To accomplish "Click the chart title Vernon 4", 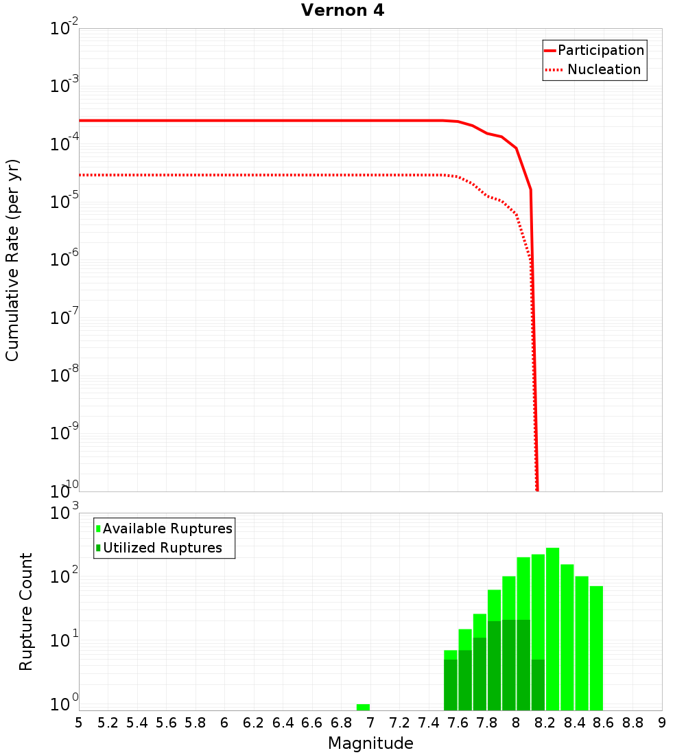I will [x=342, y=10].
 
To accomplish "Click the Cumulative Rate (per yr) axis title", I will [x=12, y=260].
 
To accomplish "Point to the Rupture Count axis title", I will [x=26, y=612].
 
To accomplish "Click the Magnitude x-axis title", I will [x=370, y=743].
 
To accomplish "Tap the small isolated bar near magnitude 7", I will [x=363, y=707].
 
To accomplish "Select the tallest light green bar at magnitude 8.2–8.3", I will [x=552, y=618].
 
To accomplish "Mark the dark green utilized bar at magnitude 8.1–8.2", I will [x=538, y=684].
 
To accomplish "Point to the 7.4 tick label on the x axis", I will [x=429, y=723].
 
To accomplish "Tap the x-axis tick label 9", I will [x=661, y=723].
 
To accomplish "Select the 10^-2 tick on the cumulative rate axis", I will [x=65, y=30].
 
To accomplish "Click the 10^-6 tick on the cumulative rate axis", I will [x=65, y=260].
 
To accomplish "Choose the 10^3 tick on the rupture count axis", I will [x=66, y=513].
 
